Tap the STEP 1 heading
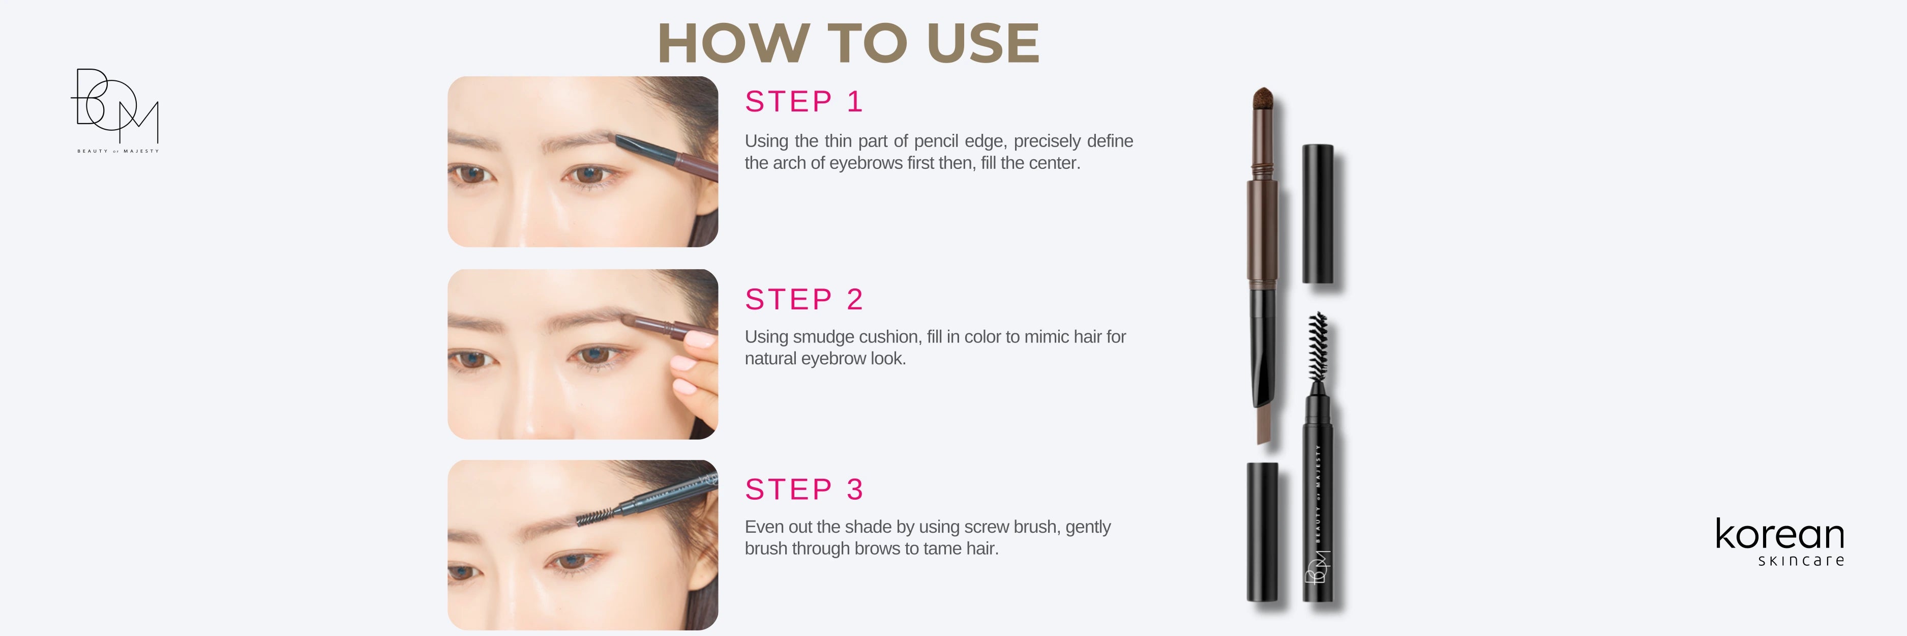[804, 101]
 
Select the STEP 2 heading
[804, 299]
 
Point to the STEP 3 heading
[804, 489]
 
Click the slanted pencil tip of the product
[1263, 426]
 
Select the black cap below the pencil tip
[1262, 532]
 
